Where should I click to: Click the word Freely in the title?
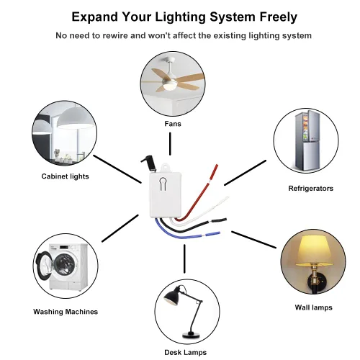pyautogui.click(x=279, y=17)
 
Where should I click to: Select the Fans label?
pyautogui.click(x=173, y=124)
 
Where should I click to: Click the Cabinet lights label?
pyautogui.click(x=65, y=176)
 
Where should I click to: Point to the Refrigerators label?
pyautogui.click(x=311, y=189)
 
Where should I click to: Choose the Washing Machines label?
pyautogui.click(x=66, y=312)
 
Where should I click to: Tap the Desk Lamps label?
pyautogui.click(x=186, y=352)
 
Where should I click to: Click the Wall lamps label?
pyautogui.click(x=314, y=307)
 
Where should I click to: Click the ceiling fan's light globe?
pyautogui.click(x=169, y=85)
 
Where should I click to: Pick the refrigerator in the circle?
pyautogui.click(x=307, y=140)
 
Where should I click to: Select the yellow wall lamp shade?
pyautogui.click(x=314, y=251)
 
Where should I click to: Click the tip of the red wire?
pyautogui.click(x=217, y=166)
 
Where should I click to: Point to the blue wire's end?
pyautogui.click(x=219, y=233)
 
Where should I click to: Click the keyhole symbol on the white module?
pyautogui.click(x=163, y=184)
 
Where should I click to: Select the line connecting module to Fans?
pyautogui.click(x=170, y=144)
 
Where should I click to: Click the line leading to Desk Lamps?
pyautogui.click(x=184, y=258)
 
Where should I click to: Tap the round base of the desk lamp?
pyautogui.click(x=191, y=334)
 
